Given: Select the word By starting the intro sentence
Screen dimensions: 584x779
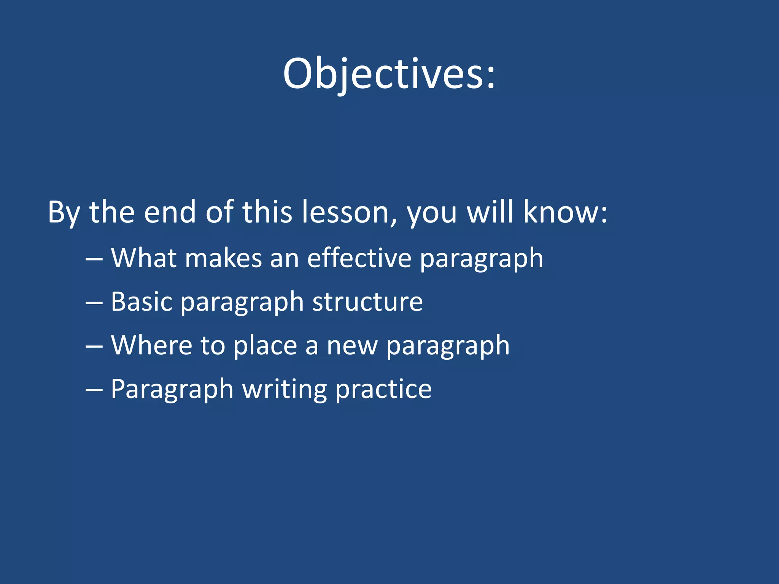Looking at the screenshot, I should (x=64, y=212).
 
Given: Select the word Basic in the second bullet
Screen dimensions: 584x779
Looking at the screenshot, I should (x=141, y=302).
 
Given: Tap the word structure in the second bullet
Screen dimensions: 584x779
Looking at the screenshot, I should (x=367, y=302).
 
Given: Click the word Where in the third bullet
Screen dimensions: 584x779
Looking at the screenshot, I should (x=152, y=345).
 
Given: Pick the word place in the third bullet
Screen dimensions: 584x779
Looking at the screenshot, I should (x=265, y=345).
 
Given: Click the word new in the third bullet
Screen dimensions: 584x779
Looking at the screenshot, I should (x=352, y=345).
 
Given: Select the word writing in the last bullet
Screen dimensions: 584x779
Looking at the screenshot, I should (x=285, y=389).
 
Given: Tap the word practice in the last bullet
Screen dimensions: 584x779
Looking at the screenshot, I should (x=383, y=389).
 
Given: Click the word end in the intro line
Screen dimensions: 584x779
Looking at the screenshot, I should (x=170, y=212).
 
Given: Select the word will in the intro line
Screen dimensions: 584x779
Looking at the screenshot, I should (x=490, y=212).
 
